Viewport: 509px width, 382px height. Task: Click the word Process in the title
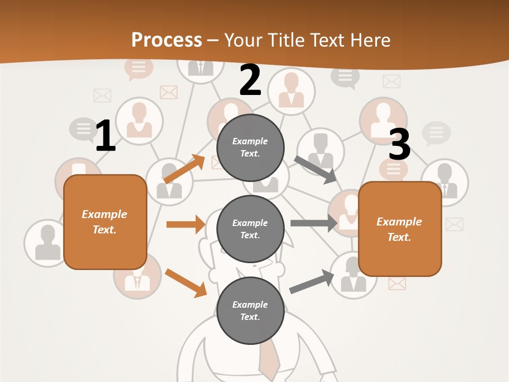pyautogui.click(x=166, y=40)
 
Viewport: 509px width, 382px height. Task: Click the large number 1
pyautogui.click(x=106, y=136)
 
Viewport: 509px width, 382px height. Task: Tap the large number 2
pyautogui.click(x=250, y=80)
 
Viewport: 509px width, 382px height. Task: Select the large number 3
pyautogui.click(x=399, y=144)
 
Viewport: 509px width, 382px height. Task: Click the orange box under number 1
pyautogui.click(x=105, y=222)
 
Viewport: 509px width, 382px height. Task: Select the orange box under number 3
pyautogui.click(x=400, y=229)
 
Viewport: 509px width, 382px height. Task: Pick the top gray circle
pyautogui.click(x=250, y=147)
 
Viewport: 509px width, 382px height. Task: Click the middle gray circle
pyautogui.click(x=250, y=229)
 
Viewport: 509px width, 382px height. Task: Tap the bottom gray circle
pyautogui.click(x=250, y=310)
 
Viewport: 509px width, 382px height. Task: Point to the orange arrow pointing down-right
pyautogui.click(x=186, y=283)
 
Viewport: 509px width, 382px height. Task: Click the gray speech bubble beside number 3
pyautogui.click(x=436, y=133)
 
